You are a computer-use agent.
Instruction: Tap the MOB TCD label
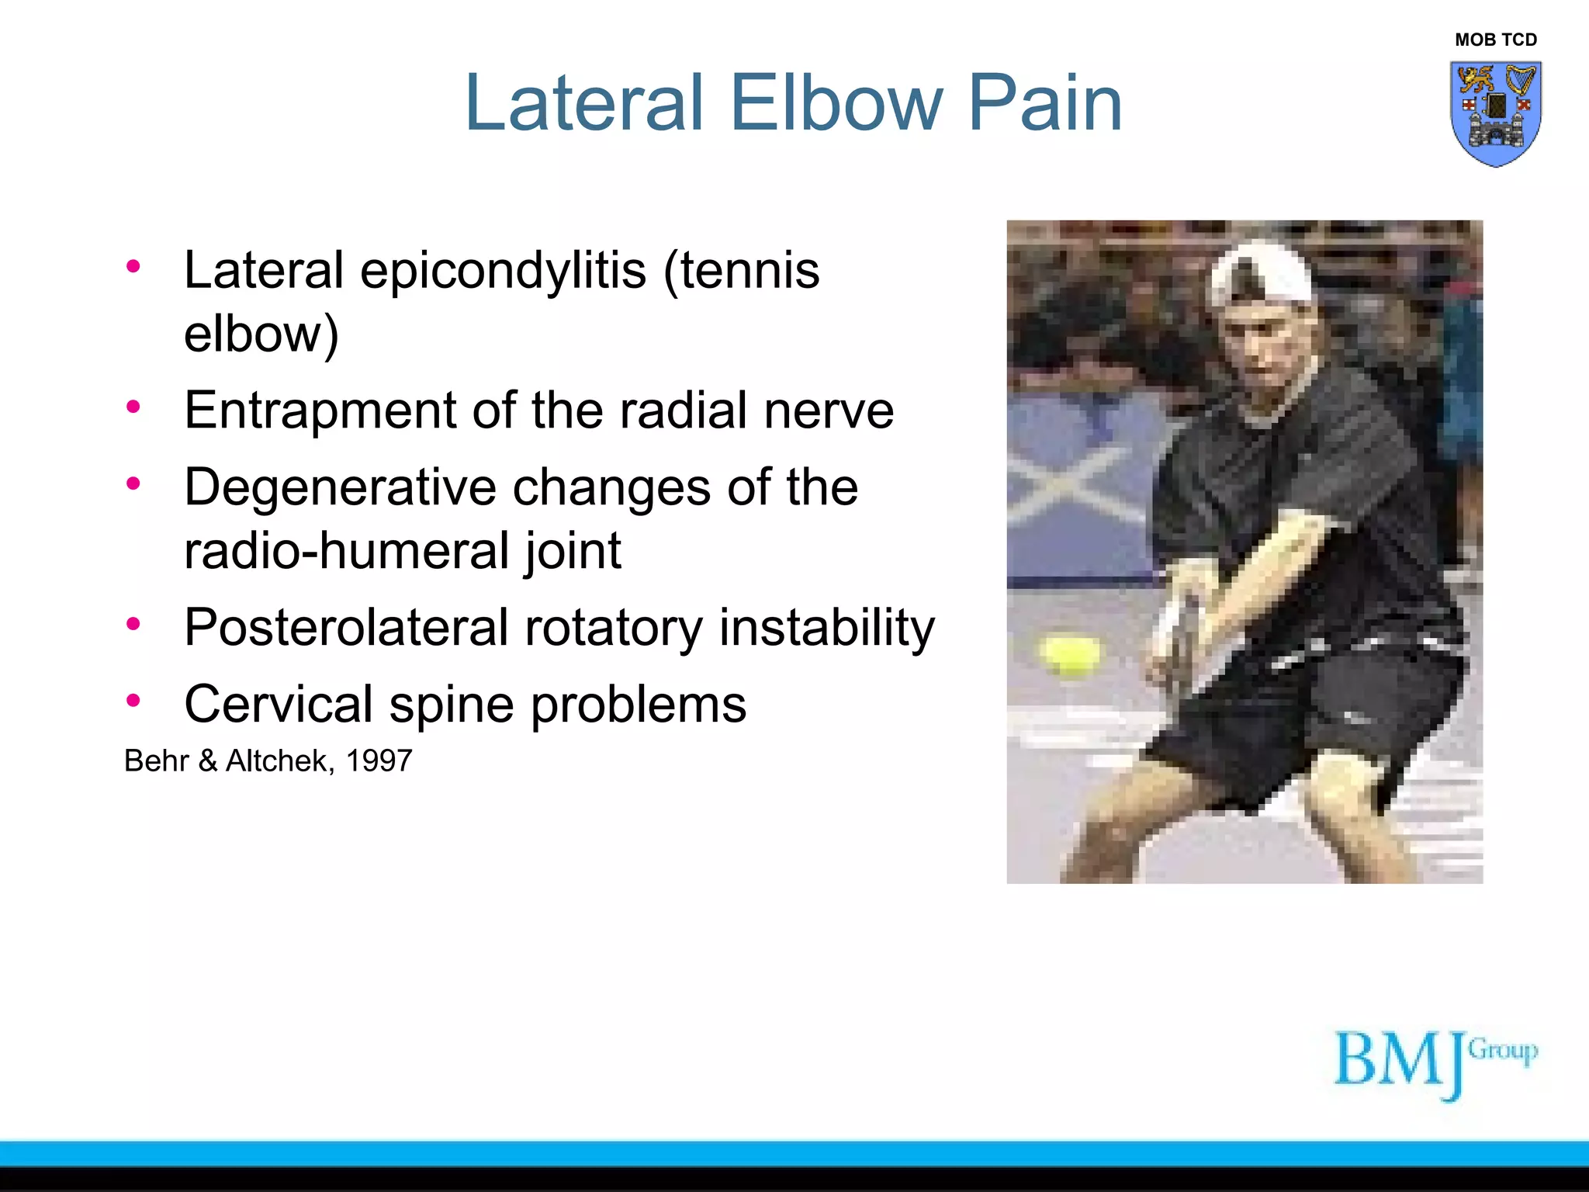tap(1495, 40)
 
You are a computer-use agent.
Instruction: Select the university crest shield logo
tap(1495, 113)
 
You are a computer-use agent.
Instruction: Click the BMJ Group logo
tap(1434, 1062)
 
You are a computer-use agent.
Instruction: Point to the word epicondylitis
tap(503, 272)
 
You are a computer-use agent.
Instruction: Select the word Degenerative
tap(339, 488)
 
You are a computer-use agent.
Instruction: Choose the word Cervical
tap(278, 705)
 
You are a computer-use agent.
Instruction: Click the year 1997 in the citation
tap(379, 761)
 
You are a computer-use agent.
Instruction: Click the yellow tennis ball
tap(1071, 654)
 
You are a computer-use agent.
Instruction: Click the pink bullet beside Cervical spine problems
tap(133, 701)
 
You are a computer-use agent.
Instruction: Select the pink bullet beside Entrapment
tap(133, 407)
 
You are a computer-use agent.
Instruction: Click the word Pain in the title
tap(1044, 102)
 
